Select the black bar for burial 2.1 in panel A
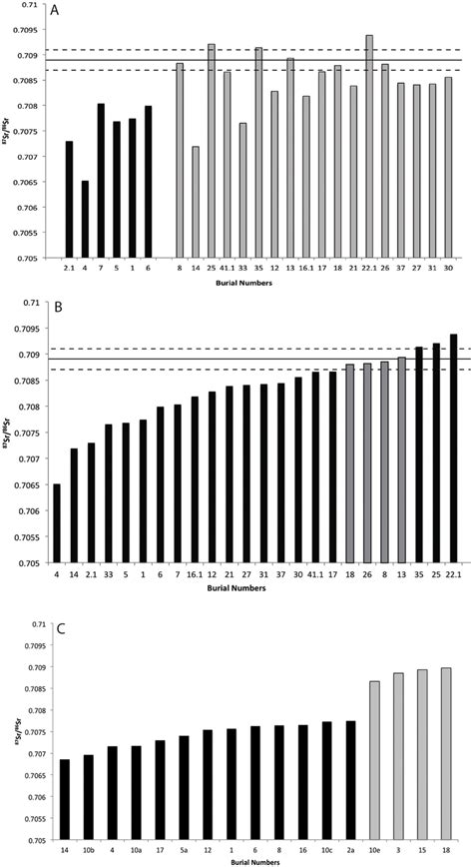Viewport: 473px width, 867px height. [69, 200]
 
